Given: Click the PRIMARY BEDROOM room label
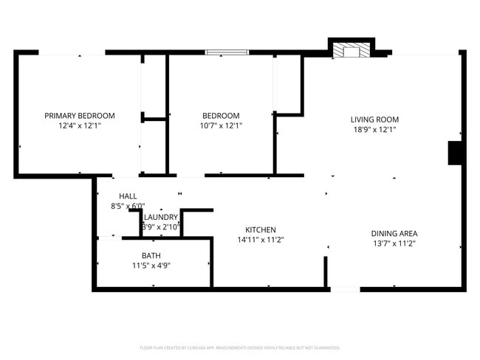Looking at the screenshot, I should point(80,115).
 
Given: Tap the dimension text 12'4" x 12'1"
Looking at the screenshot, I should point(80,126).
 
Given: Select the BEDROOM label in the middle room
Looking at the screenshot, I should point(221,115).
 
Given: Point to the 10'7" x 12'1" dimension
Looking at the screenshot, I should point(221,126).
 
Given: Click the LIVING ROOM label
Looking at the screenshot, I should point(374,119).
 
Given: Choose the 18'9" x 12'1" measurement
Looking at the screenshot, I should point(374,130).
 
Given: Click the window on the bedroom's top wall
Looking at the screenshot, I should point(227,52).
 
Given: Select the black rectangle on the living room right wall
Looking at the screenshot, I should point(455,153).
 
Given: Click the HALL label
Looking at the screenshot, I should point(128,195).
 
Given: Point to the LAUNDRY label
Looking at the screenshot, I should point(161,217).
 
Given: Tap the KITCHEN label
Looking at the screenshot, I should point(261,229).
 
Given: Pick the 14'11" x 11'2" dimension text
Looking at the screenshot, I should point(261,240).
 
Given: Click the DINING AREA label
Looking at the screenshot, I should point(394,233).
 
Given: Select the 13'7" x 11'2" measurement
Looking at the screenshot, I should point(394,243).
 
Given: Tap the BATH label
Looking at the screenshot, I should point(151,255).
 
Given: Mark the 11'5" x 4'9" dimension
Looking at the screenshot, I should point(151,266).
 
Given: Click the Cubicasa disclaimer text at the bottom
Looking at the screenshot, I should point(240,347).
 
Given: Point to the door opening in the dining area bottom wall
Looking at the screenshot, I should point(344,289).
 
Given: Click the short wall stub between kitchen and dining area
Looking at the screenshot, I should point(326,271).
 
